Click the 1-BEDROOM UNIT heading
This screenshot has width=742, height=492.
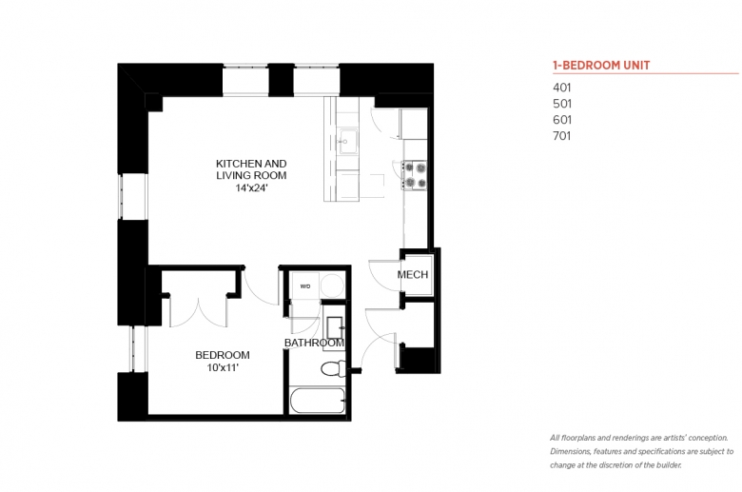pyautogui.click(x=601, y=66)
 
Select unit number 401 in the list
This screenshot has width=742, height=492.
pyautogui.click(x=561, y=88)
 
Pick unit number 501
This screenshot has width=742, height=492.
pyautogui.click(x=562, y=104)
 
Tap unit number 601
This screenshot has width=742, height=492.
pyautogui.click(x=562, y=120)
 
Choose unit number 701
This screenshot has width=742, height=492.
pyautogui.click(x=561, y=136)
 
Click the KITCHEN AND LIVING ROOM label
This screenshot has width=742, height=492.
pyautogui.click(x=251, y=169)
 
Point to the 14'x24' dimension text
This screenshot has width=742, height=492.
pyautogui.click(x=251, y=188)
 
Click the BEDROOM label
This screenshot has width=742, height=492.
pyautogui.click(x=223, y=355)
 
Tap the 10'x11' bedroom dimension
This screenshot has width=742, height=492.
pyautogui.click(x=223, y=367)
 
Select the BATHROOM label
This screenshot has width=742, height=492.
pyautogui.click(x=314, y=343)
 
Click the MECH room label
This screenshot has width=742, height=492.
pyautogui.click(x=413, y=275)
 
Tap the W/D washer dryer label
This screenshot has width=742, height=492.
pyautogui.click(x=305, y=286)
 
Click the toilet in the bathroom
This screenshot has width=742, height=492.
pyautogui.click(x=334, y=368)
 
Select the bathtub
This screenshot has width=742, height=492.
pyautogui.click(x=317, y=401)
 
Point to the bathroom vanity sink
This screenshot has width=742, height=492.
pyautogui.click(x=335, y=327)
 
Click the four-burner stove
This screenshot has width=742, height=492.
pyautogui.click(x=415, y=175)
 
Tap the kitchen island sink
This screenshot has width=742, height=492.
pyautogui.click(x=348, y=141)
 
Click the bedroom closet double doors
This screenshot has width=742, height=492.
pyautogui.click(x=199, y=311)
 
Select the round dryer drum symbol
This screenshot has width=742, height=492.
pyautogui.click(x=332, y=285)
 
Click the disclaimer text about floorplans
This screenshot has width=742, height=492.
pyautogui.click(x=642, y=451)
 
